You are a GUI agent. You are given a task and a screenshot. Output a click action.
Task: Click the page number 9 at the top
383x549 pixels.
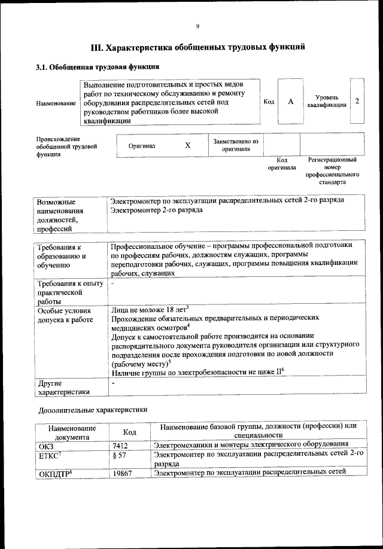[197, 26]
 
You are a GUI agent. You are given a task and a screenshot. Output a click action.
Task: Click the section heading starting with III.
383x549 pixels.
[197, 47]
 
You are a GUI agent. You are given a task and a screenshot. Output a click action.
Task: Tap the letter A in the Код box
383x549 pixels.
[291, 102]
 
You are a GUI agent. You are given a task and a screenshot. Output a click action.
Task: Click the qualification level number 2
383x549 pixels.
[357, 101]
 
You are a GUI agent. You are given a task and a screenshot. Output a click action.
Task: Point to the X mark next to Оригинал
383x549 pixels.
[187, 145]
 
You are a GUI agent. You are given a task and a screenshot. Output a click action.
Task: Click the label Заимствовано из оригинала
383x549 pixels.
[236, 145]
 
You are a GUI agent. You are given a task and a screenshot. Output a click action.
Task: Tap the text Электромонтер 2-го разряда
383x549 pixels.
[157, 210]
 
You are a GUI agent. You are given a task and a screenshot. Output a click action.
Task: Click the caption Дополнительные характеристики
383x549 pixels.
[92, 410]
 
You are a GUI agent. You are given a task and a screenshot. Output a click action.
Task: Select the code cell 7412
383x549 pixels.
[121, 444]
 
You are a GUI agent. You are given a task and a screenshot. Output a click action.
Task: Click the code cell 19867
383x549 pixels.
[123, 474]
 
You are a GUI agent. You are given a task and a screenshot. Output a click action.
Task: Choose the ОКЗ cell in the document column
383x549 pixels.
[46, 444]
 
